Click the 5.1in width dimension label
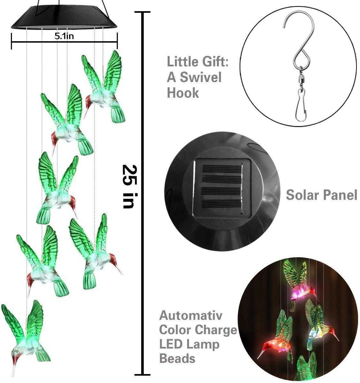pyautogui.click(x=64, y=36)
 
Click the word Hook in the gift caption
pyautogui.click(x=183, y=93)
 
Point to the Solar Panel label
pyautogui.click(x=321, y=194)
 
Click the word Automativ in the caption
pyautogui.click(x=191, y=316)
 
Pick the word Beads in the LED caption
pyautogui.click(x=177, y=359)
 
